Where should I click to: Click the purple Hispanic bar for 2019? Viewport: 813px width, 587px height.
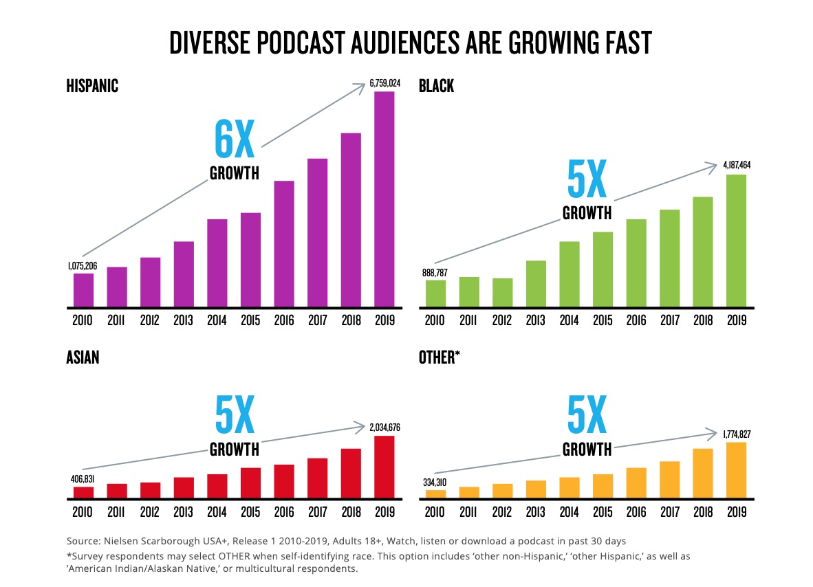[x=384, y=199]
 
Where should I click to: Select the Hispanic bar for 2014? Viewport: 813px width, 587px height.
[x=217, y=263]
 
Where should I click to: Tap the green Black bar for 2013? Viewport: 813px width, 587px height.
[x=536, y=283]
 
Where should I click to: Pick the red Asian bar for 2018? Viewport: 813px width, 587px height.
[x=351, y=474]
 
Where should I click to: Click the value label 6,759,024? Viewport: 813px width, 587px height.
[x=384, y=83]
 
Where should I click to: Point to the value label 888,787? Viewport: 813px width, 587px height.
[x=435, y=272]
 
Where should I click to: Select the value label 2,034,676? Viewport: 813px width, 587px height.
[x=384, y=428]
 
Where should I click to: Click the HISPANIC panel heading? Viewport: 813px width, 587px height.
[x=92, y=86]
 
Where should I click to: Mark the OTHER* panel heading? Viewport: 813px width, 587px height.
[x=438, y=357]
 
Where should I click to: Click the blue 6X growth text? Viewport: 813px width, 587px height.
[x=234, y=140]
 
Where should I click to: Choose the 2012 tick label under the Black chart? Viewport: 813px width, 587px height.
[x=502, y=320]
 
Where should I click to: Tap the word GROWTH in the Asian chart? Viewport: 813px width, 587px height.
[x=234, y=450]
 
